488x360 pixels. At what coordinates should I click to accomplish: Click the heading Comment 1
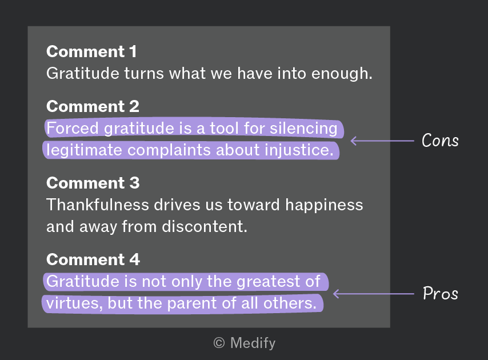(91, 51)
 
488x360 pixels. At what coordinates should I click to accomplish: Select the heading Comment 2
(93, 106)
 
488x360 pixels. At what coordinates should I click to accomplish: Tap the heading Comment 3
(93, 183)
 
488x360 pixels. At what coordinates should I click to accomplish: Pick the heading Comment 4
(93, 259)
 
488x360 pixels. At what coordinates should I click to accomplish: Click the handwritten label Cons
(440, 141)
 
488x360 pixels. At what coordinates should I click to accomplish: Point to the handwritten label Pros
(441, 293)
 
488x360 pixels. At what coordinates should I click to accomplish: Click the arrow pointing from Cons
(382, 141)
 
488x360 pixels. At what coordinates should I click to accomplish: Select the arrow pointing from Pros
(374, 293)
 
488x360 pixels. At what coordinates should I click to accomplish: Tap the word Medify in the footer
(253, 343)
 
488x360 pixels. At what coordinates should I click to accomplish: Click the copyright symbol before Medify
(219, 343)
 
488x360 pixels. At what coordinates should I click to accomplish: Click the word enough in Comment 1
(342, 74)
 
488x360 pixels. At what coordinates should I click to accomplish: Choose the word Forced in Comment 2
(73, 128)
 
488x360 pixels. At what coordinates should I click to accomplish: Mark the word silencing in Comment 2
(303, 129)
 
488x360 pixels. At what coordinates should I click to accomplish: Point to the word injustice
(299, 150)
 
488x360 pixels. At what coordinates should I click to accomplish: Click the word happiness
(324, 205)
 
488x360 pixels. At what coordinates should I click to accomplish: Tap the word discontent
(205, 226)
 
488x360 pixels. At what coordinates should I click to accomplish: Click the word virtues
(74, 303)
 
